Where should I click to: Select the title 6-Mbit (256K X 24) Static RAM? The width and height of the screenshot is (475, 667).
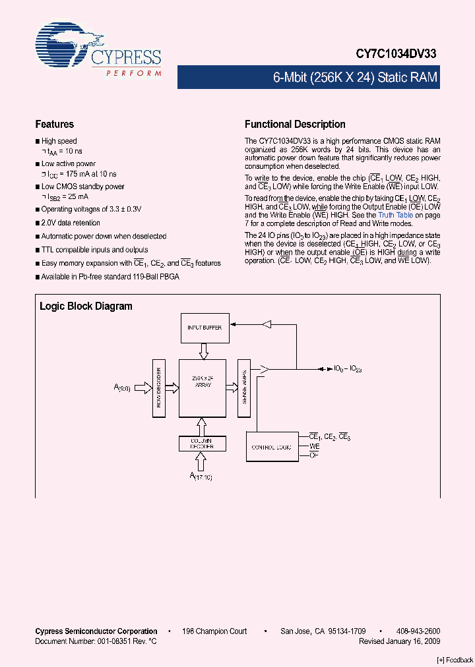pyautogui.click(x=355, y=78)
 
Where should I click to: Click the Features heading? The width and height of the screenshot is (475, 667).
pyautogui.click(x=54, y=124)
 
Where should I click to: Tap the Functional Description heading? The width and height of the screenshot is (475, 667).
pyautogui.click(x=295, y=124)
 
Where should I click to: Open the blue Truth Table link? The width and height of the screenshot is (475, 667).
pyautogui.click(x=395, y=215)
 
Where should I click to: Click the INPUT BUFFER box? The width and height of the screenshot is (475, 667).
pyautogui.click(x=204, y=328)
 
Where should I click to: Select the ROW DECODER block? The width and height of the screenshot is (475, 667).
pyautogui.click(x=158, y=388)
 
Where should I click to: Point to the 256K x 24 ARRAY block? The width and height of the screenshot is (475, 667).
pyautogui.click(x=202, y=382)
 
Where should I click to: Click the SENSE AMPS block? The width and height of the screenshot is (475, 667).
pyautogui.click(x=243, y=388)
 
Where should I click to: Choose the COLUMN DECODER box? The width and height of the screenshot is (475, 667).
pyautogui.click(x=202, y=443)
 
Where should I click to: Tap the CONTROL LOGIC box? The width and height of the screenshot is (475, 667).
pyautogui.click(x=272, y=448)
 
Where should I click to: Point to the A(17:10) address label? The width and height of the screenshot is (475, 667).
pyautogui.click(x=202, y=475)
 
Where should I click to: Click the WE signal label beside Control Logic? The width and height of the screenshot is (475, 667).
pyautogui.click(x=315, y=446)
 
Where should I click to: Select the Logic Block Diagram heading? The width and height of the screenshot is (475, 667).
pyautogui.click(x=86, y=306)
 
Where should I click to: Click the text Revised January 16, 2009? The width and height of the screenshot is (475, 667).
pyautogui.click(x=399, y=641)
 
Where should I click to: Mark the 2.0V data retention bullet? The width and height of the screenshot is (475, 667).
pyautogui.click(x=71, y=223)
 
